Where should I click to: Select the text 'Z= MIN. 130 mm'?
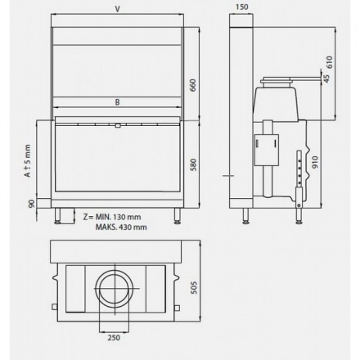[x=108, y=215]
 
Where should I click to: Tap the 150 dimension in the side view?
[x=241, y=9]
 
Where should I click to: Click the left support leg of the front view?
[x=58, y=215]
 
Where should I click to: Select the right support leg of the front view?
[x=177, y=215]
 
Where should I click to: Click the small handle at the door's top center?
[x=119, y=125]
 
